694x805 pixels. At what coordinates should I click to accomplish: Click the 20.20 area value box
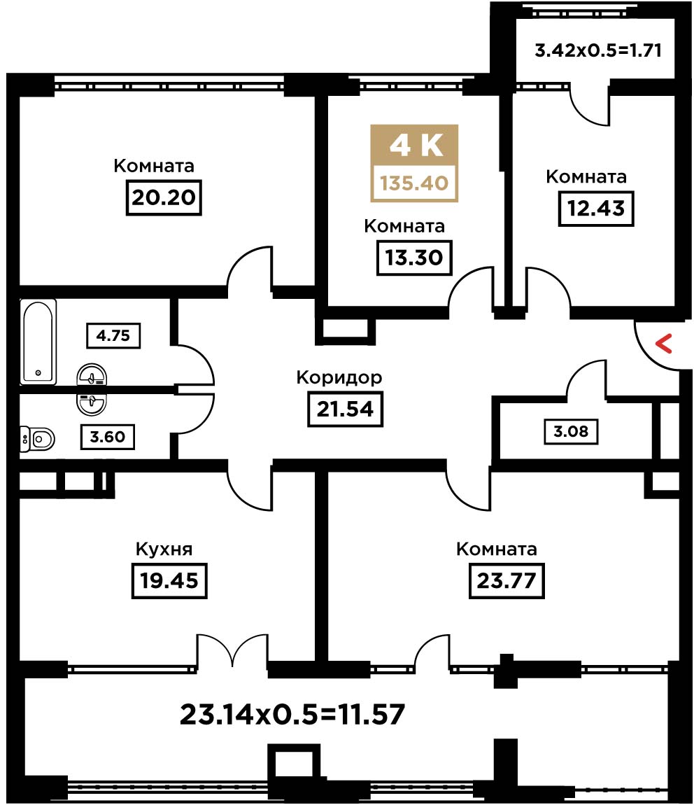(x=164, y=197)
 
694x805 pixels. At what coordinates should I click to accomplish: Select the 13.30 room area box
(x=414, y=257)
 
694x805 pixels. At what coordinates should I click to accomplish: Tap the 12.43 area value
(x=595, y=209)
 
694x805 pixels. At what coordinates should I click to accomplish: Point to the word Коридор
(x=339, y=378)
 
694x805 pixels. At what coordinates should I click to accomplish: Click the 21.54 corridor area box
(x=345, y=409)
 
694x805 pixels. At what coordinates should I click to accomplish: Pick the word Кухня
(x=164, y=549)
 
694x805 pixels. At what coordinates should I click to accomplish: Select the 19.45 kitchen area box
(x=169, y=580)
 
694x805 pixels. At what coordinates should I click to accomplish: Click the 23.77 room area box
(x=507, y=580)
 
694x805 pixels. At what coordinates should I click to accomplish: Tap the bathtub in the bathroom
(x=38, y=342)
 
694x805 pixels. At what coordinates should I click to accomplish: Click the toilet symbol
(x=38, y=439)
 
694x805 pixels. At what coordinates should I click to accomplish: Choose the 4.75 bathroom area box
(x=113, y=336)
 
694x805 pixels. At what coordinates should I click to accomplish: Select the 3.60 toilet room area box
(x=107, y=437)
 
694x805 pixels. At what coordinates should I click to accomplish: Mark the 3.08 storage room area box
(x=571, y=431)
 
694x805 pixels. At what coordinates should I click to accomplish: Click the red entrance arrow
(x=664, y=344)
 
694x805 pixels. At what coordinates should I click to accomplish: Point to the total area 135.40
(x=414, y=183)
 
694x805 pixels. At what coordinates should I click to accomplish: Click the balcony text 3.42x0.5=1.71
(x=598, y=50)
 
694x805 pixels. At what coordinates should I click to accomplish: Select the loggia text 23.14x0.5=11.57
(x=292, y=714)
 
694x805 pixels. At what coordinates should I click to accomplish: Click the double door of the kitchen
(x=233, y=650)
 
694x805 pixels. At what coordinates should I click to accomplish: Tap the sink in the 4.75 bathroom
(x=92, y=375)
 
